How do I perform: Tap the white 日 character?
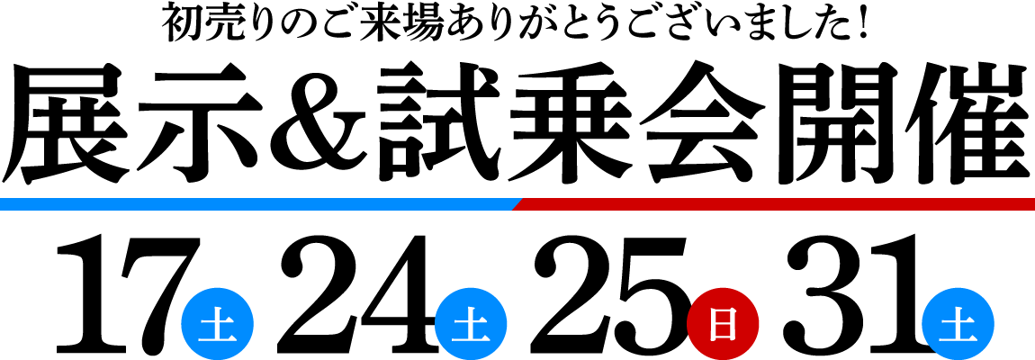coord(723,324)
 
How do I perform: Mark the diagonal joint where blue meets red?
coord(518,204)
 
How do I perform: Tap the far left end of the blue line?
coord(4,204)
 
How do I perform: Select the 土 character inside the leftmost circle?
coord(217,325)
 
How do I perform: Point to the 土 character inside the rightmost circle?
coord(958,325)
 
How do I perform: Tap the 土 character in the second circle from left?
coord(471,325)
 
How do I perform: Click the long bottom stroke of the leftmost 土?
coord(217,339)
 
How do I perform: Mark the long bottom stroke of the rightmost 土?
coord(958,339)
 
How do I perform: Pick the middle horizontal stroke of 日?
coord(723,324)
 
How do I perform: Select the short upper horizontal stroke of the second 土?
coord(471,320)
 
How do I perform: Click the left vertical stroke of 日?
coord(713,324)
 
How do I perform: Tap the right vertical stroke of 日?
coord(733,324)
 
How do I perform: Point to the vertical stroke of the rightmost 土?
coord(958,326)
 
